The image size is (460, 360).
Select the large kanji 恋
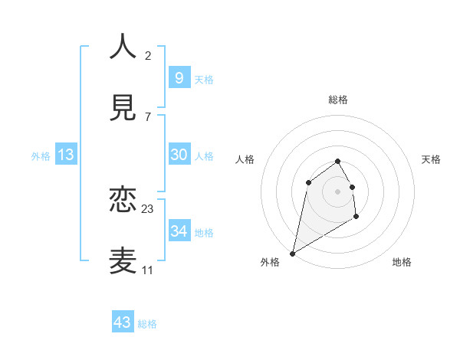123,201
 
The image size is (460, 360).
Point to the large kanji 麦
123,260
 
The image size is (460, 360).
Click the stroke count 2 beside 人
148,56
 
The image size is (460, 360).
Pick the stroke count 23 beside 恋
148,209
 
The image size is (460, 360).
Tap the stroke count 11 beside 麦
148,270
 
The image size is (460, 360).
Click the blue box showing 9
179,77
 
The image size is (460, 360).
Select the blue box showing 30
179,155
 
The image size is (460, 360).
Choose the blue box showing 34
179,231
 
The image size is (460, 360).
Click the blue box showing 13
66,155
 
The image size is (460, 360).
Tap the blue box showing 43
123,322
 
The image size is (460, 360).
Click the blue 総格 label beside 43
147,324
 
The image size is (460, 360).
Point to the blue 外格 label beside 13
41,156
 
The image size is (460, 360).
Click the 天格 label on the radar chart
432,159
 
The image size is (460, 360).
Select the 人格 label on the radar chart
245,159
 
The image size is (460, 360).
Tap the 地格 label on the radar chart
402,262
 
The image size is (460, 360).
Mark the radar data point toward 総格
338,161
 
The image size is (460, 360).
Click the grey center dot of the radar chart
338,191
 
